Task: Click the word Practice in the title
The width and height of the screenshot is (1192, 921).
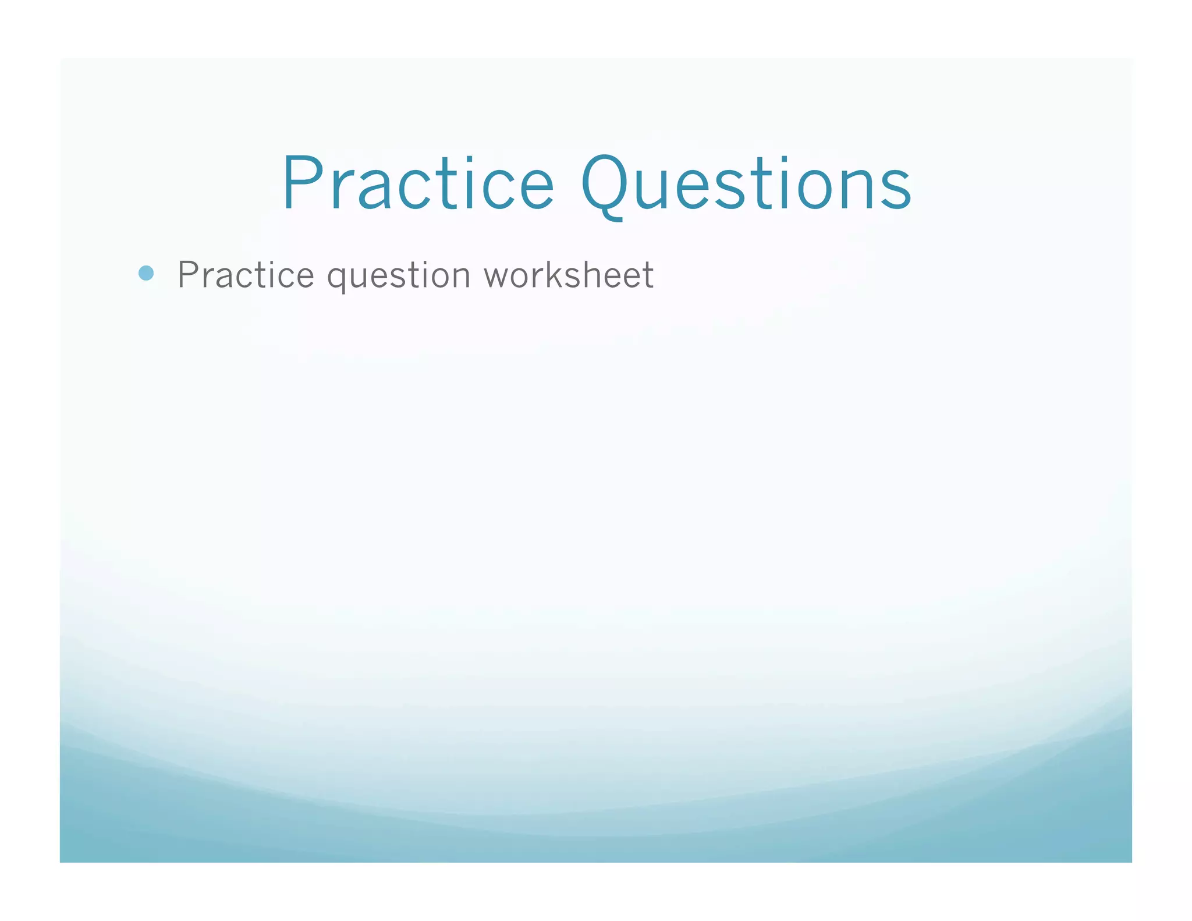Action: pos(418,183)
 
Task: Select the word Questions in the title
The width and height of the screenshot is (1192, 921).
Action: pos(746,184)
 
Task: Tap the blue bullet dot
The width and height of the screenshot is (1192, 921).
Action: pos(146,273)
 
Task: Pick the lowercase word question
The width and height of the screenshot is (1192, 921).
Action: pos(399,276)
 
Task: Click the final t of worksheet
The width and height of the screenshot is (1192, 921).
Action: pos(647,275)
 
